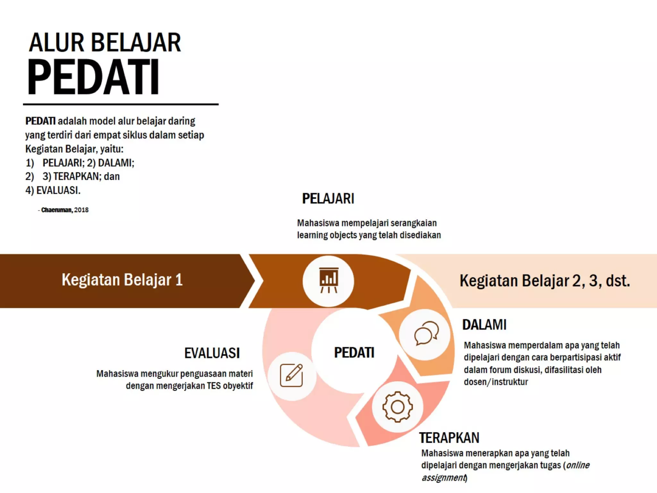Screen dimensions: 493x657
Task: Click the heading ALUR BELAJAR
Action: [x=105, y=43]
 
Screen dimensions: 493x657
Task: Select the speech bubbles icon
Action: [x=426, y=333]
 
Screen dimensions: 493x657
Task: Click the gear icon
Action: [x=397, y=407]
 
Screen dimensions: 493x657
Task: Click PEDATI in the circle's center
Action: [x=354, y=352]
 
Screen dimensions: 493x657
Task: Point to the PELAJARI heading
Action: [x=328, y=199]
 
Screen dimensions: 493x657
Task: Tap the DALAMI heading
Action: [x=484, y=325]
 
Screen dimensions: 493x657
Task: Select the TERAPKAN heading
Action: [x=449, y=438]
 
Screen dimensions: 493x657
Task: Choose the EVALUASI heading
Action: [x=212, y=353]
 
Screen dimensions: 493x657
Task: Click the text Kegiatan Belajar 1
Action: [x=122, y=280]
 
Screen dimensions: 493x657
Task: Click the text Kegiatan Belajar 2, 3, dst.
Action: [x=545, y=281]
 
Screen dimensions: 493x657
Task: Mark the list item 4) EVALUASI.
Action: [x=53, y=190]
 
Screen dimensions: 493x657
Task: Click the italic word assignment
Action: [x=444, y=478]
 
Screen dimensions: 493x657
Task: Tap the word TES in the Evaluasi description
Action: [x=214, y=385]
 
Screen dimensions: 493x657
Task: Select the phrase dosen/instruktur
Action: [x=496, y=382]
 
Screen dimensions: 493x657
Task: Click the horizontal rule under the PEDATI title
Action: [x=121, y=104]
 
